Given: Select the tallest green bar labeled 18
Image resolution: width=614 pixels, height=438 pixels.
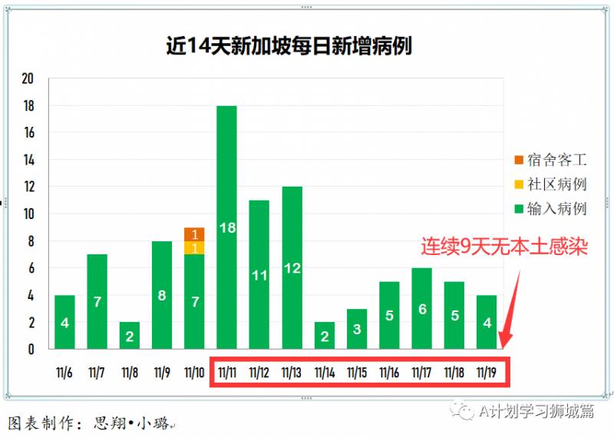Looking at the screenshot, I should (226, 227).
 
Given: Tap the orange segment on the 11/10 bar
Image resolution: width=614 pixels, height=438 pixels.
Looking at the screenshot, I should (194, 234).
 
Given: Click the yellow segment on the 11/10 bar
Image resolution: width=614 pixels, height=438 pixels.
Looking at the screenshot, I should (194, 247).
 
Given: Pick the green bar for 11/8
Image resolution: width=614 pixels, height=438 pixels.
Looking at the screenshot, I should (129, 335).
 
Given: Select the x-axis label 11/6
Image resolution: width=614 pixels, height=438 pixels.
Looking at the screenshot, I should (64, 373).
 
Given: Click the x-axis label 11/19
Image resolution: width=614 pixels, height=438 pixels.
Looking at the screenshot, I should (487, 373).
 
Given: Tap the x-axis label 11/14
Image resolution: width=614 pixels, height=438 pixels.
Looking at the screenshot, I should (324, 373).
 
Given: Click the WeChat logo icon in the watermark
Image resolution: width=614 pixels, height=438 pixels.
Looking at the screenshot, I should (465, 412).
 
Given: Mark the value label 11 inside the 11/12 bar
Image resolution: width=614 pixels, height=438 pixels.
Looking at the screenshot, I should (259, 274).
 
